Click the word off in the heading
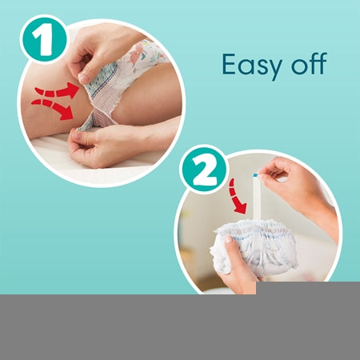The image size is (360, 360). (x=309, y=63)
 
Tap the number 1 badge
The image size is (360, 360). (x=43, y=39)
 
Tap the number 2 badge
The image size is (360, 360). (x=205, y=170)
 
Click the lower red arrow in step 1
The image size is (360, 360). (x=53, y=108)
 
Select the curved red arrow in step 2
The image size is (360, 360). (x=237, y=197)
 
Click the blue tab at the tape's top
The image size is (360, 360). (x=255, y=175)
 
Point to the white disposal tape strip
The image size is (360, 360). (x=256, y=198)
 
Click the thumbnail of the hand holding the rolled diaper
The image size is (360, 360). (x=229, y=239)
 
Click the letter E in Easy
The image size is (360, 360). (x=230, y=64)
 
